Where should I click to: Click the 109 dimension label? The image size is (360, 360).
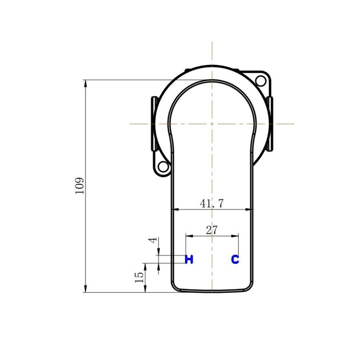tap(80, 185)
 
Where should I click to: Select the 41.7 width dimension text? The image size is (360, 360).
tap(211, 203)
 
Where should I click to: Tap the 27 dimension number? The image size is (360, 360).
tap(211, 230)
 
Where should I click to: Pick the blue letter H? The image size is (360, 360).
tap(189, 259)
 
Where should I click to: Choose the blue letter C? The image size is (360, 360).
tap(235, 259)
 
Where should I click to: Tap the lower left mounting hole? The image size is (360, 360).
tap(162, 167)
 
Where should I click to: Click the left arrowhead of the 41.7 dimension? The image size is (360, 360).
tap(174, 209)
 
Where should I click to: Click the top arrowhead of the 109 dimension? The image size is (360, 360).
tap(85, 82)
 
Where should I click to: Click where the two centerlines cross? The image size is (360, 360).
tap(212, 123)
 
